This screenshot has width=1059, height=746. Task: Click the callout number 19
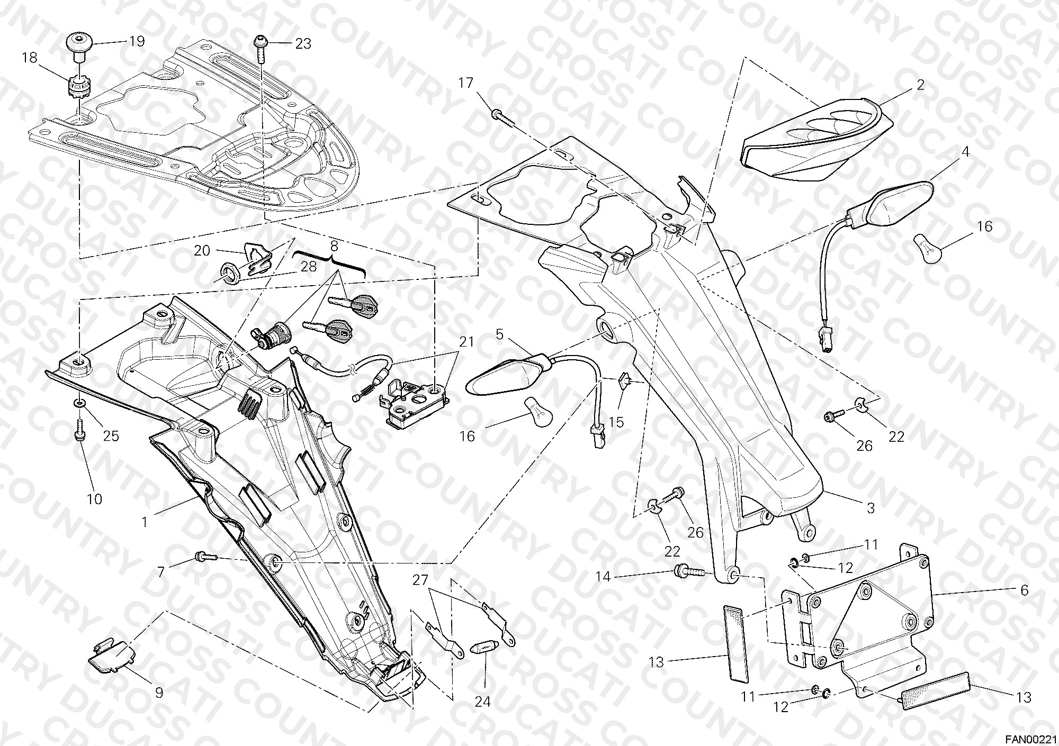137,41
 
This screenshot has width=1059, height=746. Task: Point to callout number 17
465,83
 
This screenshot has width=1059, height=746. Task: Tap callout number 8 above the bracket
334,245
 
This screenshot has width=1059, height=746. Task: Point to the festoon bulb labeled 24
486,648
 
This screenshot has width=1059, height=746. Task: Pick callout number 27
420,580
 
